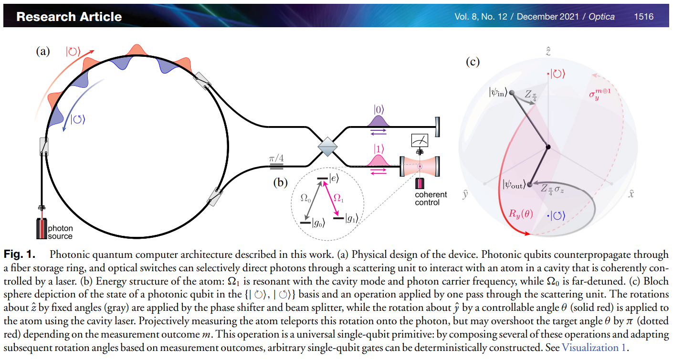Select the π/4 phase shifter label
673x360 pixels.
[276, 158]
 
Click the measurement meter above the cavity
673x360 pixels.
[420, 140]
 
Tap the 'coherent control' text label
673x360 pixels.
[431, 198]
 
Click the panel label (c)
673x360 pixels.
[473, 62]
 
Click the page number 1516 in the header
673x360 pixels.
[643, 17]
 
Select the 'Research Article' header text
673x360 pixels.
[69, 17]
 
